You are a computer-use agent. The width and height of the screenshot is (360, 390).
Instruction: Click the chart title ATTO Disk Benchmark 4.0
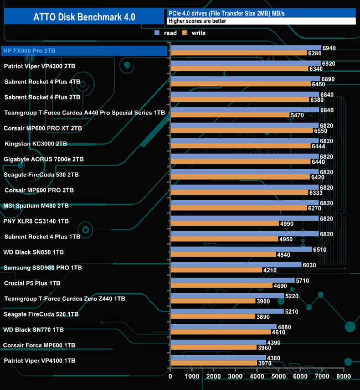tap(83, 17)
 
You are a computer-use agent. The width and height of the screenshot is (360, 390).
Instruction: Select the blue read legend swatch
tap(157, 33)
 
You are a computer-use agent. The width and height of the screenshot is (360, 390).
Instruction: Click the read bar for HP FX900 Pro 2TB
tap(246, 48)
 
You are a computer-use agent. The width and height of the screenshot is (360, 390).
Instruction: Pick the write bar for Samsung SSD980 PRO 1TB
tap(216, 271)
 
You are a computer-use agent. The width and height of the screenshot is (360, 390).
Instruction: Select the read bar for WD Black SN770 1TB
tap(223, 327)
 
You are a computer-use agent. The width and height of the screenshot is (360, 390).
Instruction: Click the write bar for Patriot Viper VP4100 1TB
tap(214, 363)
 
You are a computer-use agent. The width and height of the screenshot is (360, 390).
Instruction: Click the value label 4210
tap(270, 271)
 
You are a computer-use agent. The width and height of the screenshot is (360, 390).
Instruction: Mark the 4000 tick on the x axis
tap(257, 377)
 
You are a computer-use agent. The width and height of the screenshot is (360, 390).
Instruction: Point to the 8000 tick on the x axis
tap(343, 377)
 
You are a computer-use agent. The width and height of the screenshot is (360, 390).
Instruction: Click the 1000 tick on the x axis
tap(192, 377)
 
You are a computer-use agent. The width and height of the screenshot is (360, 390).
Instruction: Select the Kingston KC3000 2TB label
tap(35, 144)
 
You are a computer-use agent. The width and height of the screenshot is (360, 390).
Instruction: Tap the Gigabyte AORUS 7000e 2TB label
tap(44, 159)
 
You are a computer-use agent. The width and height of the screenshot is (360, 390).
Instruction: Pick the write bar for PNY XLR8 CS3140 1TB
tap(225, 224)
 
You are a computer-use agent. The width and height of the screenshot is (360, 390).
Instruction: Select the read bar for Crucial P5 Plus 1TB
tap(233, 280)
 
